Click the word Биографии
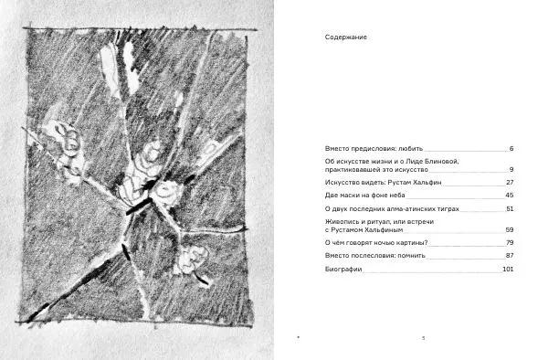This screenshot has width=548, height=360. [x=342, y=270]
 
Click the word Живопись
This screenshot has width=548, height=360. [x=341, y=222]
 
